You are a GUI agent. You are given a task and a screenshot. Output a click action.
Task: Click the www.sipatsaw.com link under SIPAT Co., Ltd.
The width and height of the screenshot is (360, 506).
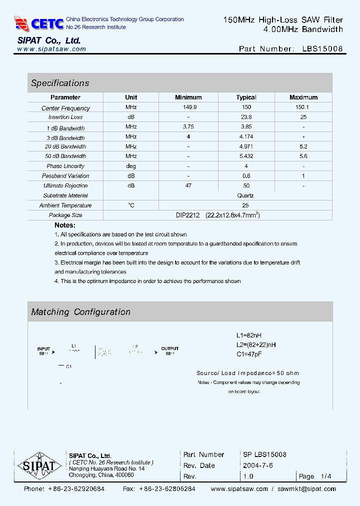(51, 49)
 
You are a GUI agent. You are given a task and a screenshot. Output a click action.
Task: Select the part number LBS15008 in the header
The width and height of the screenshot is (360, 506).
(322, 49)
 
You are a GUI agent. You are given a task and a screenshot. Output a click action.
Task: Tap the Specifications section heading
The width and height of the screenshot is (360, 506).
(60, 83)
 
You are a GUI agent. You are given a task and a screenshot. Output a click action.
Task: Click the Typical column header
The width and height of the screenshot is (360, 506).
(246, 97)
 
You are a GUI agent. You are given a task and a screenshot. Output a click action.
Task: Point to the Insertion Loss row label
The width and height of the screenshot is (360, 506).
(65, 117)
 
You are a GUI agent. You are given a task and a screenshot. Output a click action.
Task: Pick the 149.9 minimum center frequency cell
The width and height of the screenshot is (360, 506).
(188, 107)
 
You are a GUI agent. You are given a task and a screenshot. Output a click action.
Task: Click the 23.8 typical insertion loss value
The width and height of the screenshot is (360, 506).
(246, 117)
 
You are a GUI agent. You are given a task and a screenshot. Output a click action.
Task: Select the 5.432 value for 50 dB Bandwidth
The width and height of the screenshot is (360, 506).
(246, 156)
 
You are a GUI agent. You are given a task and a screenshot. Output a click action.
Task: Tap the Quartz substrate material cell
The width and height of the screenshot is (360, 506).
(245, 195)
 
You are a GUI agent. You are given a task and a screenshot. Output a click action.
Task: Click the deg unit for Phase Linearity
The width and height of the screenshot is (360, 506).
(131, 166)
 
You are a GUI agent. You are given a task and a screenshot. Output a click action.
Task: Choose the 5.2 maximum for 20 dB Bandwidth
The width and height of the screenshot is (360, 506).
(303, 146)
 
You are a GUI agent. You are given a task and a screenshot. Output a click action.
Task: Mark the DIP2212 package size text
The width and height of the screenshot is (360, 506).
(188, 215)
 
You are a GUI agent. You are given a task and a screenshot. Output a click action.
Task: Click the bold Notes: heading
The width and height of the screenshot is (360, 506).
(65, 225)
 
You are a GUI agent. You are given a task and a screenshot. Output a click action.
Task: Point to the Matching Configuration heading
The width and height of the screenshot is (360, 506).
(80, 312)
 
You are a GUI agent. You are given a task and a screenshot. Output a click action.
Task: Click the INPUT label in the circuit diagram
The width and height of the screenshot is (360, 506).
(44, 348)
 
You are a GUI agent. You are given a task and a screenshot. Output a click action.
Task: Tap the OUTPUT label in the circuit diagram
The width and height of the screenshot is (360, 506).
(169, 348)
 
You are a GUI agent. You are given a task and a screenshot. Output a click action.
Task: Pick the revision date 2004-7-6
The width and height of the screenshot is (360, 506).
(258, 465)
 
